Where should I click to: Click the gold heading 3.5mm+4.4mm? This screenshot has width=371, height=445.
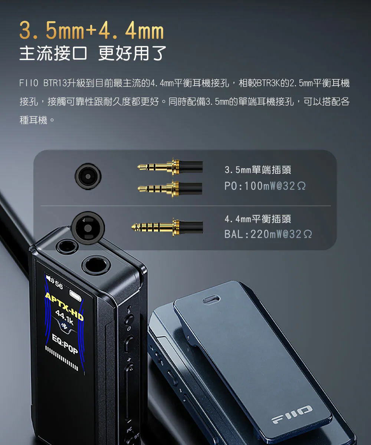click(x=92, y=30)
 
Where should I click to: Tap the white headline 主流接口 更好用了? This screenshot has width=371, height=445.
click(x=93, y=53)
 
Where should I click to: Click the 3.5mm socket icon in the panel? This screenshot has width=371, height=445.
click(x=88, y=176)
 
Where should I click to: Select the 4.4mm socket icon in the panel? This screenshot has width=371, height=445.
click(x=88, y=228)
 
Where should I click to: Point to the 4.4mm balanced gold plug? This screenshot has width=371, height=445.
click(x=167, y=227)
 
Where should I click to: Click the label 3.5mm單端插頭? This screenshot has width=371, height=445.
click(x=258, y=170)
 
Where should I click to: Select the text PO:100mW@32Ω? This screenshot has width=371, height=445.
click(x=265, y=186)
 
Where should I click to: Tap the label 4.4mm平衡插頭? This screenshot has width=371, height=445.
click(x=258, y=219)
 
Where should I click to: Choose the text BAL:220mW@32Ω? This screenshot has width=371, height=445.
click(x=268, y=234)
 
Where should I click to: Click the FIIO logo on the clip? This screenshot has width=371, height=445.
click(x=292, y=414)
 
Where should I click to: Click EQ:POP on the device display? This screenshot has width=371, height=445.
click(x=65, y=344)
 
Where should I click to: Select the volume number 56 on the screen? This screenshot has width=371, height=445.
click(x=59, y=284)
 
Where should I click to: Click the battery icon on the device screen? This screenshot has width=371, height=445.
click(x=75, y=296)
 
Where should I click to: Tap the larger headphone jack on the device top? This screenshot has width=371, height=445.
click(x=96, y=266)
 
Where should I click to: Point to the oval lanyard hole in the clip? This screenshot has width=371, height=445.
click(x=211, y=299)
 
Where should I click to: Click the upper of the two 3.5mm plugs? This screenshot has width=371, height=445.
click(x=170, y=167)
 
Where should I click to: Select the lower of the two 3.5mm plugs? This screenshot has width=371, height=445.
click(x=170, y=188)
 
